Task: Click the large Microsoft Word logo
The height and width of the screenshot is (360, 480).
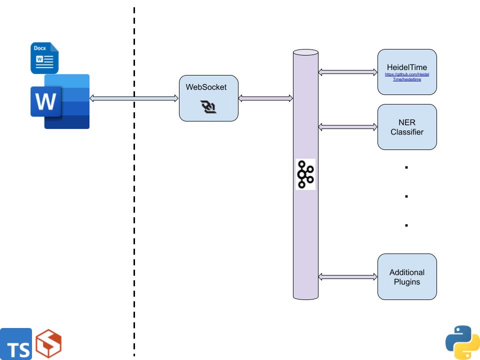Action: pos(60,101)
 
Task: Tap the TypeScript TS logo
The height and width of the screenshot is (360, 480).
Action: pos(16,344)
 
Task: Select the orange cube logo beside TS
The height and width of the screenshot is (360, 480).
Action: pos(48,344)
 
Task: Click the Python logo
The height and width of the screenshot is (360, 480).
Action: pos(462,342)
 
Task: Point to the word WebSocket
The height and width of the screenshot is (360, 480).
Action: pos(206,87)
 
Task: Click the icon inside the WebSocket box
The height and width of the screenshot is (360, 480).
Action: pos(208,106)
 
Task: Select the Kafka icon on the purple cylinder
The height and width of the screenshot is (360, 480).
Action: pos(305,174)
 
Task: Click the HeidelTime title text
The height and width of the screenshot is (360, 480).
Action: pos(407,67)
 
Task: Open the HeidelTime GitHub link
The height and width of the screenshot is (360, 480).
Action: pos(407,76)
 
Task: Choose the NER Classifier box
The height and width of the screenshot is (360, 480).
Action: pos(407,127)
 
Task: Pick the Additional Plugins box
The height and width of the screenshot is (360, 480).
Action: pos(407,276)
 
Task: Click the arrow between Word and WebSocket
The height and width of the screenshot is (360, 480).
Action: pos(134,98)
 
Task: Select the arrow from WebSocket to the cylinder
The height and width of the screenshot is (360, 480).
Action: pos(265,98)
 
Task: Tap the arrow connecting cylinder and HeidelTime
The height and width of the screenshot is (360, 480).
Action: pos(348,72)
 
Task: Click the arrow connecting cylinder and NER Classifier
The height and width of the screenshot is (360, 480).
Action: pos(348,127)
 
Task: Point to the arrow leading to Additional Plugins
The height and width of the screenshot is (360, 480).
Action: pos(348,276)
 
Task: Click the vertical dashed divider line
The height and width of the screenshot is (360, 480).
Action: pos(134,200)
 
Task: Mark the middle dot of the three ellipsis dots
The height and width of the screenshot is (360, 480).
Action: pos(406,196)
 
